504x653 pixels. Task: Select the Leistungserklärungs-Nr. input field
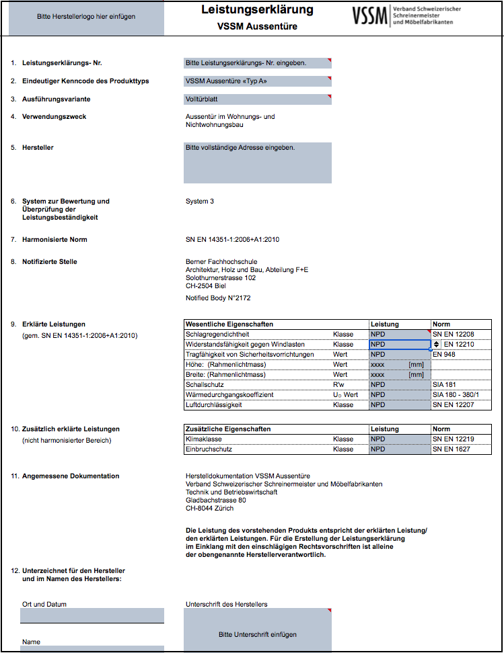pos(258,63)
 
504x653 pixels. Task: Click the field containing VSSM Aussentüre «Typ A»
pos(258,81)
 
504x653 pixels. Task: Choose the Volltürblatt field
pos(258,99)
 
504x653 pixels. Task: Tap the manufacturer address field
pos(258,163)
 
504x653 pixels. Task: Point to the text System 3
pos(200,201)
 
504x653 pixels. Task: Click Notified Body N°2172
pos(218,298)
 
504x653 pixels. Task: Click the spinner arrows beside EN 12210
pos(436,344)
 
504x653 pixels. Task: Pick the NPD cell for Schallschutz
pos(400,385)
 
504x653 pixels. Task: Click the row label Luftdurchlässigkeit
pos(213,405)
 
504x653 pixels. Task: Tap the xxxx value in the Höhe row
pos(378,364)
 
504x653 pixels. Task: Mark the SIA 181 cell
pos(445,385)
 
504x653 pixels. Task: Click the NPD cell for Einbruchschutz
pos(400,449)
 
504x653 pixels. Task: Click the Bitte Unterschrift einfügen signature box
pos(258,634)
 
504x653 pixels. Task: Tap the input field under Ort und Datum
pos(92,615)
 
